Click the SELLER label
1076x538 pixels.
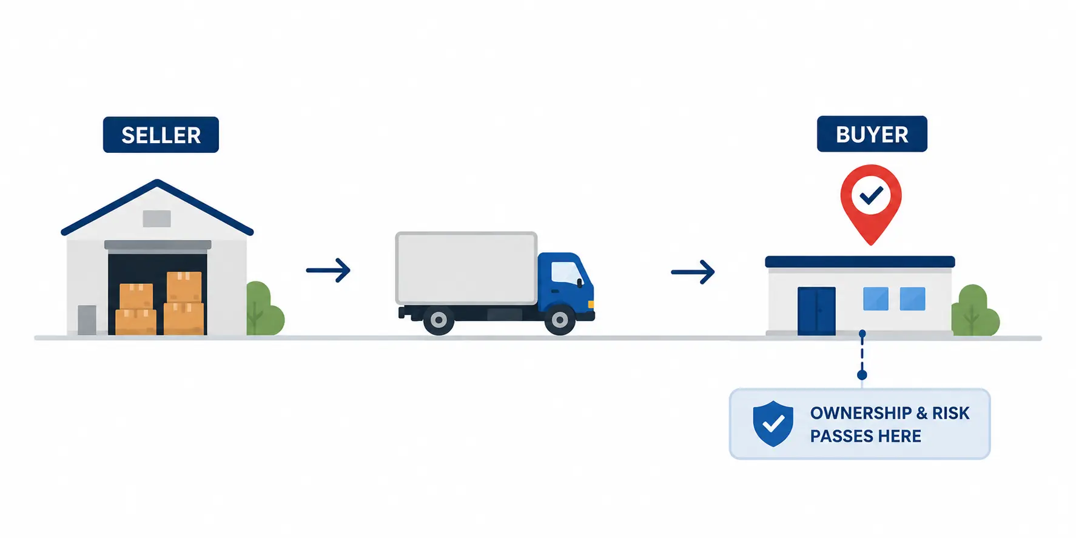(161, 135)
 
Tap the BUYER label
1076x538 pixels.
(872, 134)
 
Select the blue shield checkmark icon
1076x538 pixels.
(773, 423)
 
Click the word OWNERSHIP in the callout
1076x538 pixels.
(861, 413)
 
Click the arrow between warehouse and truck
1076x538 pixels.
(328, 270)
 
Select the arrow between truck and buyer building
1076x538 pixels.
(693, 272)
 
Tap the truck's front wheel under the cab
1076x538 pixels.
(560, 320)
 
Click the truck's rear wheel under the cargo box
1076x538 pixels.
(439, 320)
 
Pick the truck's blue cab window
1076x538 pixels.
(566, 273)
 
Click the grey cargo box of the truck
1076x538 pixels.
(466, 268)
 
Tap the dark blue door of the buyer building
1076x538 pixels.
(816, 311)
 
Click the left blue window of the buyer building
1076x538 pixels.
(876, 299)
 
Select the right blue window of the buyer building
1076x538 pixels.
(912, 299)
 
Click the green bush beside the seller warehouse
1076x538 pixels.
(264, 309)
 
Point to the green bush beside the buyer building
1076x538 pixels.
(975, 311)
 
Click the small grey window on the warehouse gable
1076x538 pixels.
(156, 218)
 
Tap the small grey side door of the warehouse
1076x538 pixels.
(87, 320)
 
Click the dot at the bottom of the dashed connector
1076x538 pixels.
(862, 375)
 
